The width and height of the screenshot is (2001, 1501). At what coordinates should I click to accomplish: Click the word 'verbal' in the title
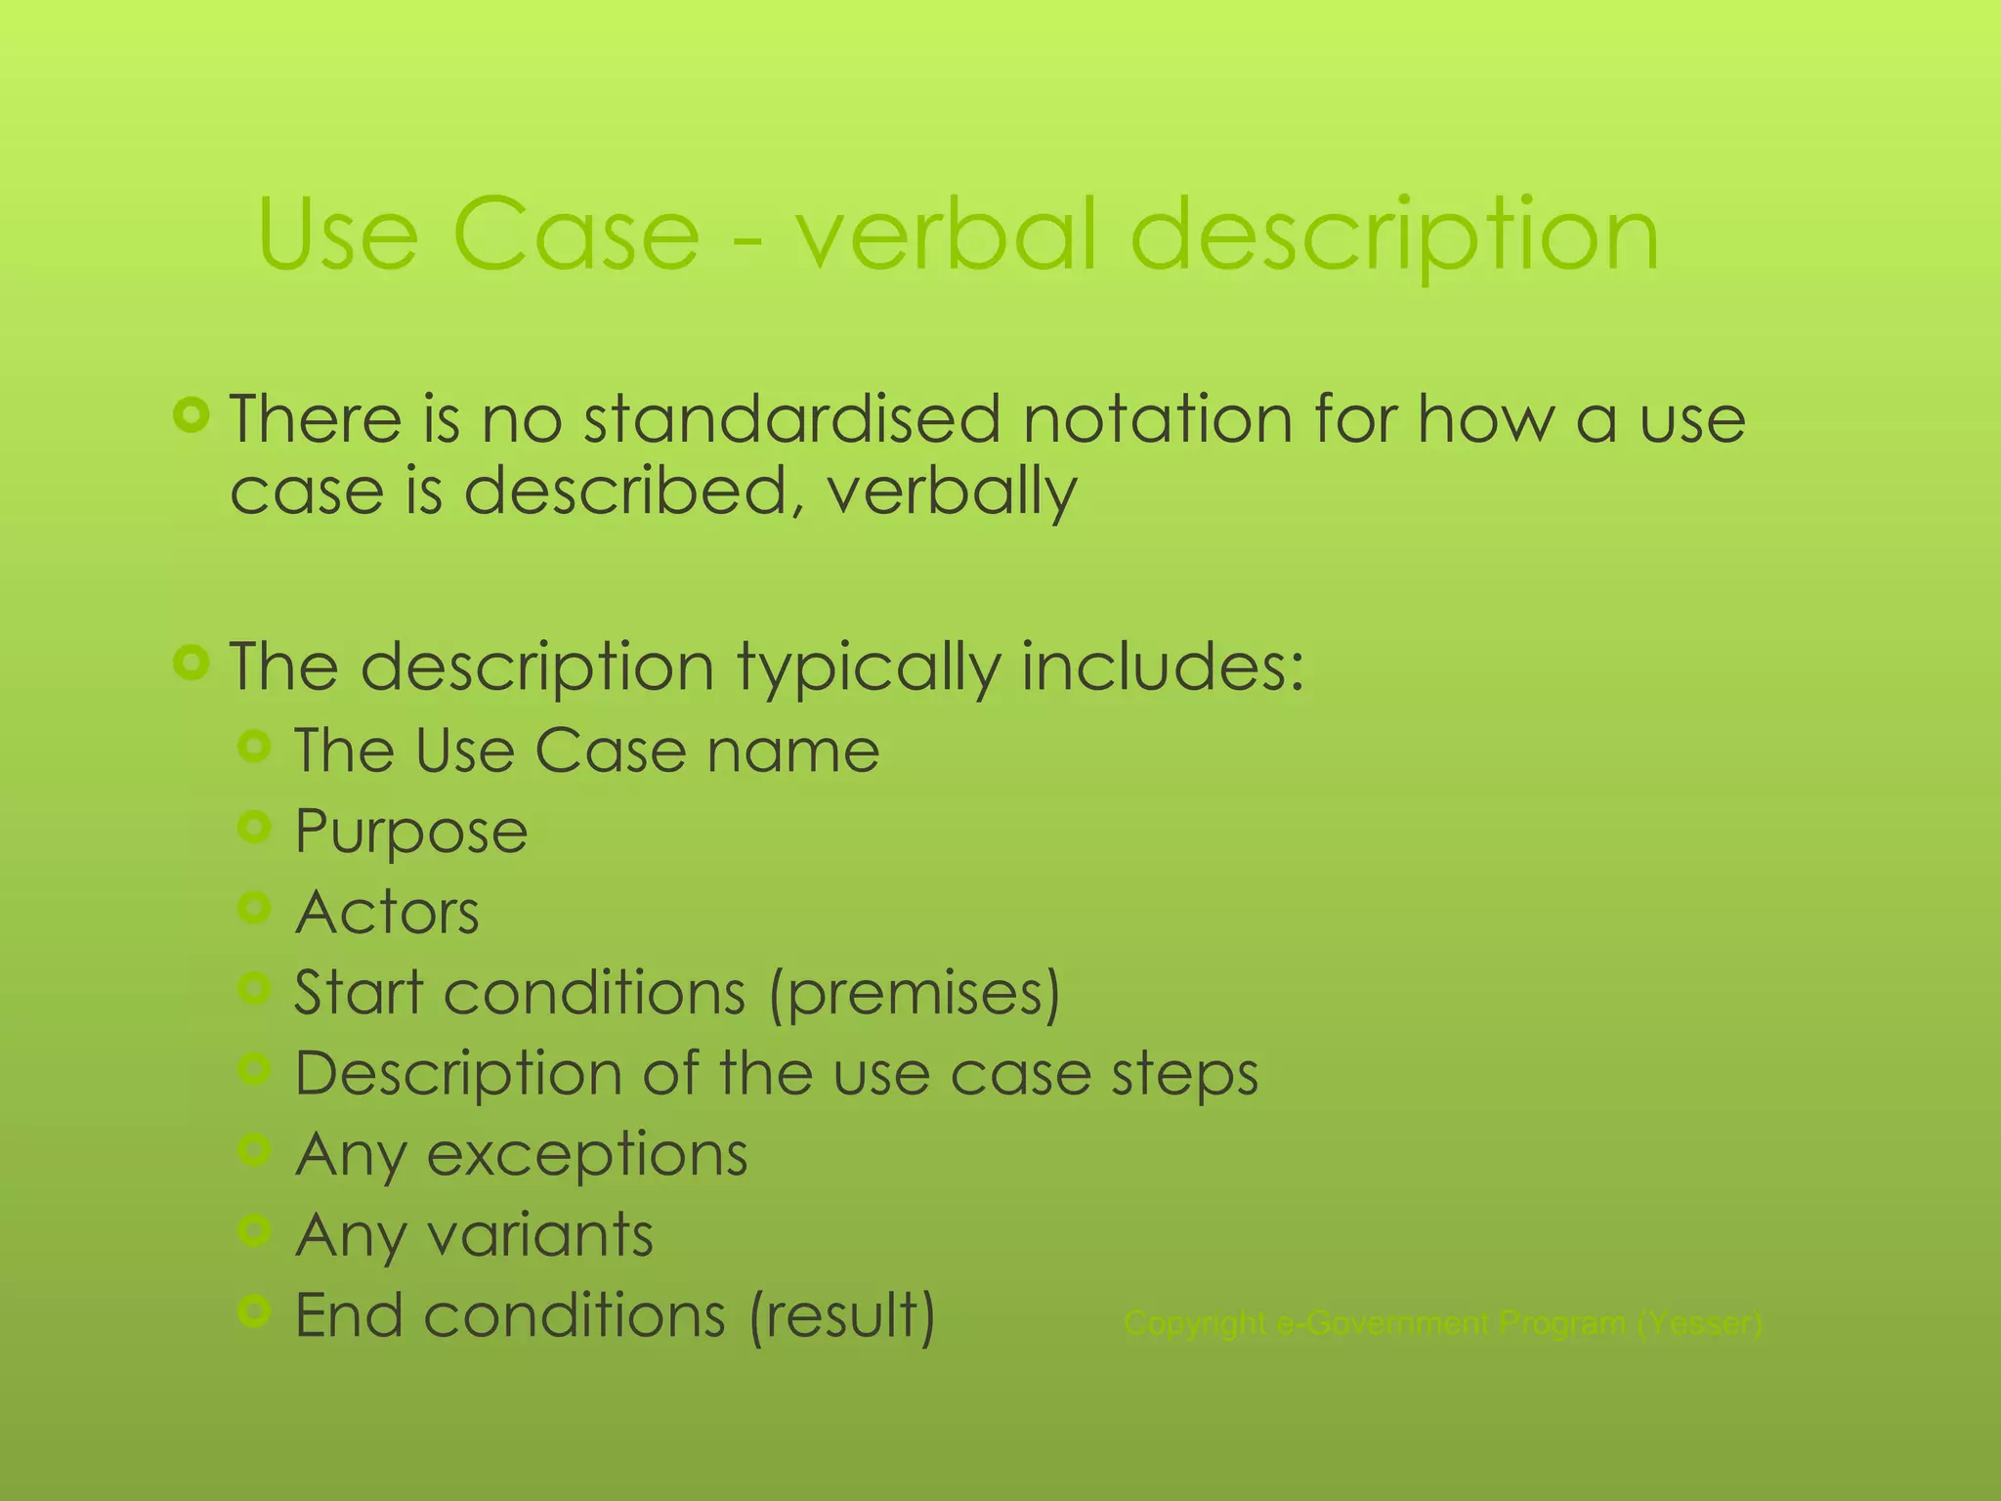946,236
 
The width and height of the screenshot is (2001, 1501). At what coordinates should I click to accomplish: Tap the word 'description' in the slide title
1394,236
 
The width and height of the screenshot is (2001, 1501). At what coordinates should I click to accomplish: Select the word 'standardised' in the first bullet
791,420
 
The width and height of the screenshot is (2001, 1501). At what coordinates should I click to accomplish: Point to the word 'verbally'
952,492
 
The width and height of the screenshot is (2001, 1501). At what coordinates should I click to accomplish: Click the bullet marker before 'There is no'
192,415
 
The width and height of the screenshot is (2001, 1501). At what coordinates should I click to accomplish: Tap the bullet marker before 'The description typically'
192,664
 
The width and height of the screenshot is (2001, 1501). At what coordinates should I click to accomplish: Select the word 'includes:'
1163,667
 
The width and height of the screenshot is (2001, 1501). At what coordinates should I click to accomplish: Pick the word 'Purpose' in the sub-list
411,833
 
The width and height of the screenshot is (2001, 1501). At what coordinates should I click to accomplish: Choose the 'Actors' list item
388,913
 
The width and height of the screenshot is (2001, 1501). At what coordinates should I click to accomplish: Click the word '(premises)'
915,994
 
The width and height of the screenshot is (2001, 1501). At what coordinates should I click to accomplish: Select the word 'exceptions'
587,1156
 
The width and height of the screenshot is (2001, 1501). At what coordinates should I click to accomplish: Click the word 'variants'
541,1235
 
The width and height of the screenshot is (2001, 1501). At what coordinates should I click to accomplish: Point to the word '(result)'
842,1316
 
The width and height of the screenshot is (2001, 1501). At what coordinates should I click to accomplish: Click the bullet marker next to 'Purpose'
254,829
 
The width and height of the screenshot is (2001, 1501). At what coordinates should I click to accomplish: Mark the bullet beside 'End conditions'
254,1311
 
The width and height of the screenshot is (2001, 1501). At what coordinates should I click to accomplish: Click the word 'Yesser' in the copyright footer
1699,1324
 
